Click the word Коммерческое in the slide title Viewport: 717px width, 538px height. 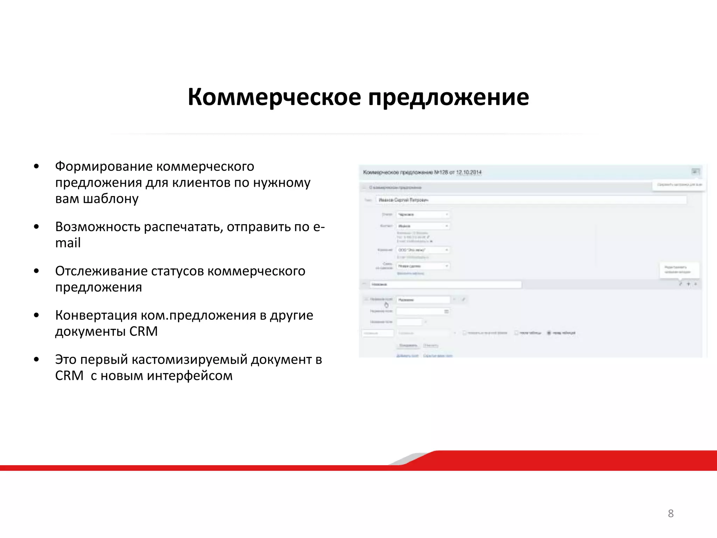click(x=274, y=97)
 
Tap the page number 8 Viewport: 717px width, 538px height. click(x=670, y=513)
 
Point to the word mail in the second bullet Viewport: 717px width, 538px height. click(x=68, y=243)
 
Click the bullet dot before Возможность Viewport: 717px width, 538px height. click(x=36, y=227)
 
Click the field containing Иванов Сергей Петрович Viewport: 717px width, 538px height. click(x=531, y=200)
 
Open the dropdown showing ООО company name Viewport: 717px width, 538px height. click(x=423, y=250)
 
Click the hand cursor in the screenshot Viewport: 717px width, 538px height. click(x=387, y=304)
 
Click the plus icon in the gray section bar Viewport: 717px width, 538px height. click(x=688, y=284)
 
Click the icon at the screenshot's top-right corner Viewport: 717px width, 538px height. click(x=695, y=172)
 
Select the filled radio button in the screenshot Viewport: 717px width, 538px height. click(x=549, y=333)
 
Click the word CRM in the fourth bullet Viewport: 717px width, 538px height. click(x=144, y=331)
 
